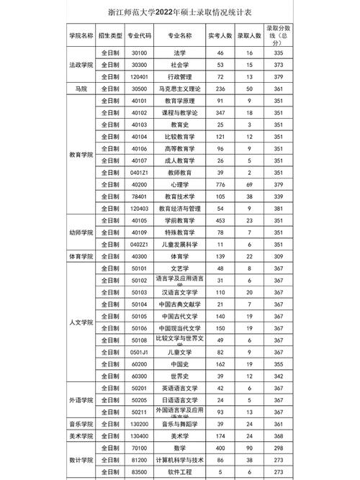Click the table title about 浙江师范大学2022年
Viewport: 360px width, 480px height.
[x=179, y=13]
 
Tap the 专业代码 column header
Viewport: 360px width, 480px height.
[x=139, y=35]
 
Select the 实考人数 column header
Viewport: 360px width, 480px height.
[x=220, y=35]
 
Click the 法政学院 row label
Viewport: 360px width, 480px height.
[x=81, y=65]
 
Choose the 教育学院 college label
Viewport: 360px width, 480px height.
[x=81, y=153]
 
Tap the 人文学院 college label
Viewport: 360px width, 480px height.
[x=81, y=322]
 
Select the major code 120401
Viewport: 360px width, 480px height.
[x=139, y=76]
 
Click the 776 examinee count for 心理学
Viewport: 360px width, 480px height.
[x=220, y=184]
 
